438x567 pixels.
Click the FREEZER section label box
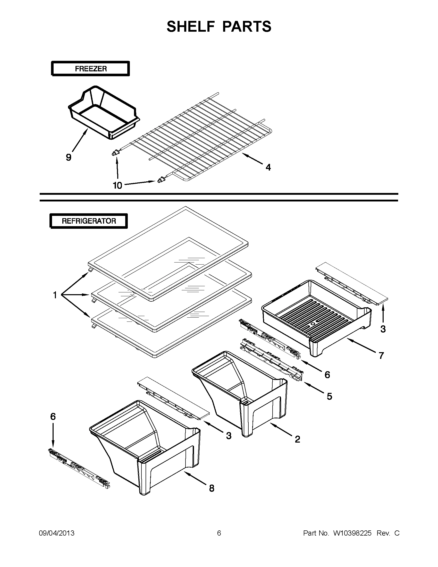[91, 69]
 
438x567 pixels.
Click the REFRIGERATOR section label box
[89, 221]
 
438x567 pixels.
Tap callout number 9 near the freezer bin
[69, 157]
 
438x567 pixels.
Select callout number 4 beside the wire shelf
[268, 167]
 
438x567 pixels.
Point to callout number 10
[117, 185]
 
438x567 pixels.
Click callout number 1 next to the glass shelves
[55, 295]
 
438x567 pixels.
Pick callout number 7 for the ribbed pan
[381, 356]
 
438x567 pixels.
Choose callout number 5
[329, 396]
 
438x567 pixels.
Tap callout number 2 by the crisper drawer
[298, 439]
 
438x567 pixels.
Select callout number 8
[212, 488]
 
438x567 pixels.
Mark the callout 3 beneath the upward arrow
[383, 329]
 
